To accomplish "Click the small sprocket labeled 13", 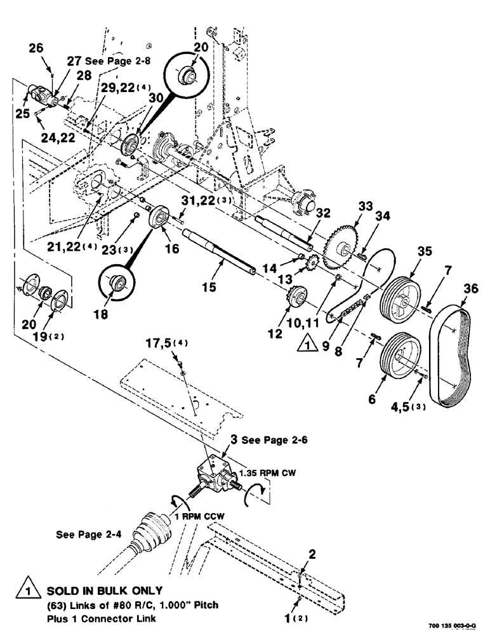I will [x=312, y=261].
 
